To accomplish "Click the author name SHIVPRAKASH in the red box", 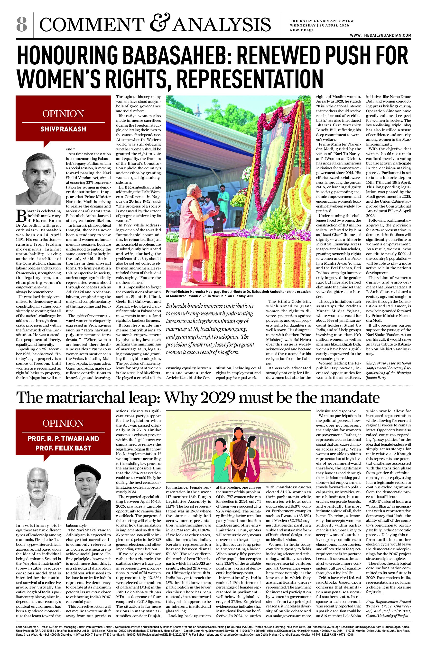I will tap(63, 129).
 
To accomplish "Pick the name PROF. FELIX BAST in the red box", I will tap(63, 448).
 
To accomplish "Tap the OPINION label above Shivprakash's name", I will tap(63, 113).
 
